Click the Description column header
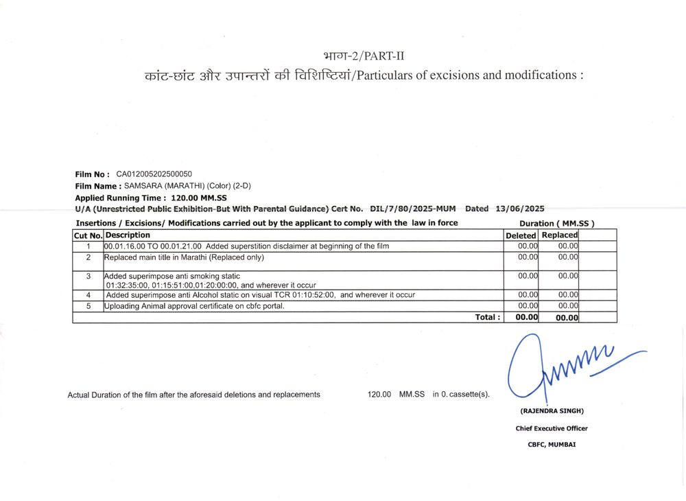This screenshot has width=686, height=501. tap(128, 235)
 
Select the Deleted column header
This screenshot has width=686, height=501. tap(520, 235)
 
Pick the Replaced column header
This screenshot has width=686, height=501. tap(560, 235)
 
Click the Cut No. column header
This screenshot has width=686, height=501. tap(88, 235)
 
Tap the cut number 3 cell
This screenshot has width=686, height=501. tap(88, 276)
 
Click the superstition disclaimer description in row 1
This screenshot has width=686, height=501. tap(248, 246)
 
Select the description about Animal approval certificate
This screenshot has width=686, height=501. tap(194, 306)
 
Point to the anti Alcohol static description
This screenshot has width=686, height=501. tap(261, 295)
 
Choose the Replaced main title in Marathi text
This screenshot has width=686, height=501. tap(184, 257)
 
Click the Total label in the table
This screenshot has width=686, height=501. tap(488, 317)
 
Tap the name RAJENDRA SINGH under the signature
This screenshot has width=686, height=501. tap(552, 411)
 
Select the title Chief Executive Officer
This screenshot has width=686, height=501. tap(552, 428)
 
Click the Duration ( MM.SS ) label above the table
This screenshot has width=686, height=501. tap(556, 223)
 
